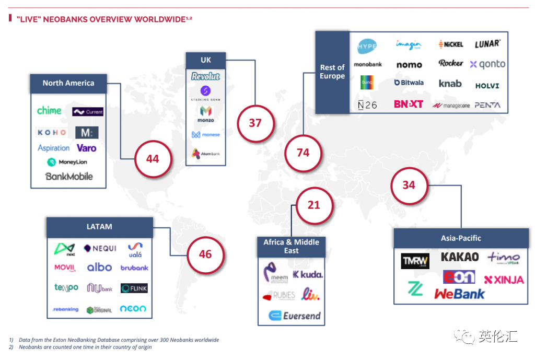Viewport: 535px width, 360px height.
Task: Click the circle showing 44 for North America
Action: tap(153, 158)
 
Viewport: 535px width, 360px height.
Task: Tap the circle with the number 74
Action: tap(303, 153)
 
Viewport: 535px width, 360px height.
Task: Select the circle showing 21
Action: tap(313, 205)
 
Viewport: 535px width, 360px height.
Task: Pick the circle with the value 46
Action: tap(205, 254)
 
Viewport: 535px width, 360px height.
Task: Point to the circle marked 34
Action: tap(409, 185)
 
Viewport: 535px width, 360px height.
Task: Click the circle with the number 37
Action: tap(255, 123)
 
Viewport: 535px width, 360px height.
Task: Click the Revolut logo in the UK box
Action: tap(206, 76)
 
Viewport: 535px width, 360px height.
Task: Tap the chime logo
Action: tap(49, 111)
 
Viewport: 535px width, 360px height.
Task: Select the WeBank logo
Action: tap(459, 294)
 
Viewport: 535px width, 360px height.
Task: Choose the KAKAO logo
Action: tap(460, 257)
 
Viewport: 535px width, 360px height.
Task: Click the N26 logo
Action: tap(367, 105)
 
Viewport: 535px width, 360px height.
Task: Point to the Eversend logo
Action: tap(295, 316)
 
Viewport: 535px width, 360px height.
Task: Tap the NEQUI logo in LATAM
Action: tap(100, 248)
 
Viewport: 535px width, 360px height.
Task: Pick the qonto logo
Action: tap(487, 64)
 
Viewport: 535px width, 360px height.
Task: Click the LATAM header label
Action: tap(99, 227)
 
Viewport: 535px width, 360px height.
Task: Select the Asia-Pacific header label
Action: tap(460, 238)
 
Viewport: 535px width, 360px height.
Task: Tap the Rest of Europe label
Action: tap(332, 72)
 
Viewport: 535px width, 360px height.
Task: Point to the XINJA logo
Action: tap(504, 280)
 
